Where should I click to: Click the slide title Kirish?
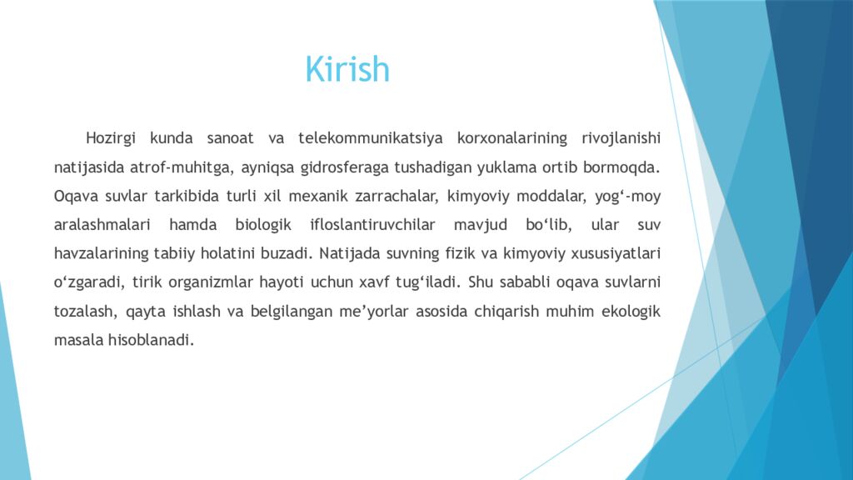(x=347, y=69)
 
